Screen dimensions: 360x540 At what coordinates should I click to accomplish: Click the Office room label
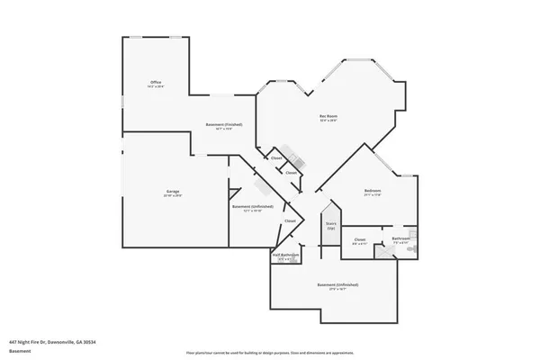[x=156, y=82]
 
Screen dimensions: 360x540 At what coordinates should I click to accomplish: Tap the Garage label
[x=172, y=192]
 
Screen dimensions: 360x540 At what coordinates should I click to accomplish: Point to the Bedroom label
[x=373, y=191]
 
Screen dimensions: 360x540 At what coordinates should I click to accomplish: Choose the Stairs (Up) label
[x=331, y=225]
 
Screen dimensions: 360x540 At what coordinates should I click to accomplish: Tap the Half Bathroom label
[x=285, y=255]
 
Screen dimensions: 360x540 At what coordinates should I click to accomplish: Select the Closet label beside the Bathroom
[x=359, y=238]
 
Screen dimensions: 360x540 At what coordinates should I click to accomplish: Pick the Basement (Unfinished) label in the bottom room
[x=332, y=284]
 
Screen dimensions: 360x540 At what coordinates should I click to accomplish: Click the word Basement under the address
[x=19, y=351]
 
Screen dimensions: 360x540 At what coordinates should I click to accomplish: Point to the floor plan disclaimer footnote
[x=269, y=352]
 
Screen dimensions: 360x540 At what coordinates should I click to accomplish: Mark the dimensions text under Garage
[x=172, y=196]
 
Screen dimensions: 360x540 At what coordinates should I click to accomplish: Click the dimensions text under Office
[x=156, y=86]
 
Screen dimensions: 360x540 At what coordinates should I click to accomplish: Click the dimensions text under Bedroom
[x=373, y=195]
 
